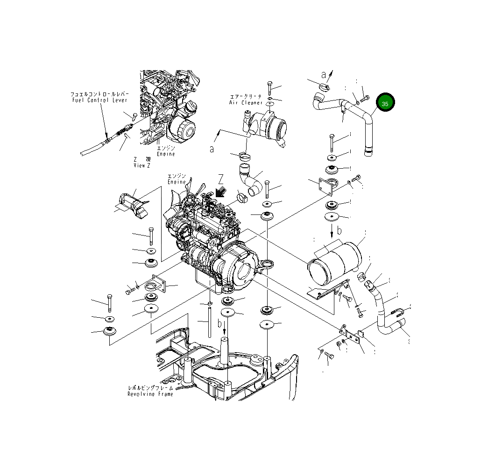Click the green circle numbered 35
click(x=385, y=103)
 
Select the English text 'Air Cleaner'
click(x=246, y=102)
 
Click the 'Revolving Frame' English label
click(x=150, y=394)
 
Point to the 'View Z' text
click(x=142, y=165)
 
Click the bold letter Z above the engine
click(x=221, y=178)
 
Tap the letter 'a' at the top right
click(x=324, y=74)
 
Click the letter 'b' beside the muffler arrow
click(x=340, y=230)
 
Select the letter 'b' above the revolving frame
click(x=219, y=323)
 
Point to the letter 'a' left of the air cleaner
click(x=212, y=149)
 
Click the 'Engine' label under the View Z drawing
click(x=165, y=154)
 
